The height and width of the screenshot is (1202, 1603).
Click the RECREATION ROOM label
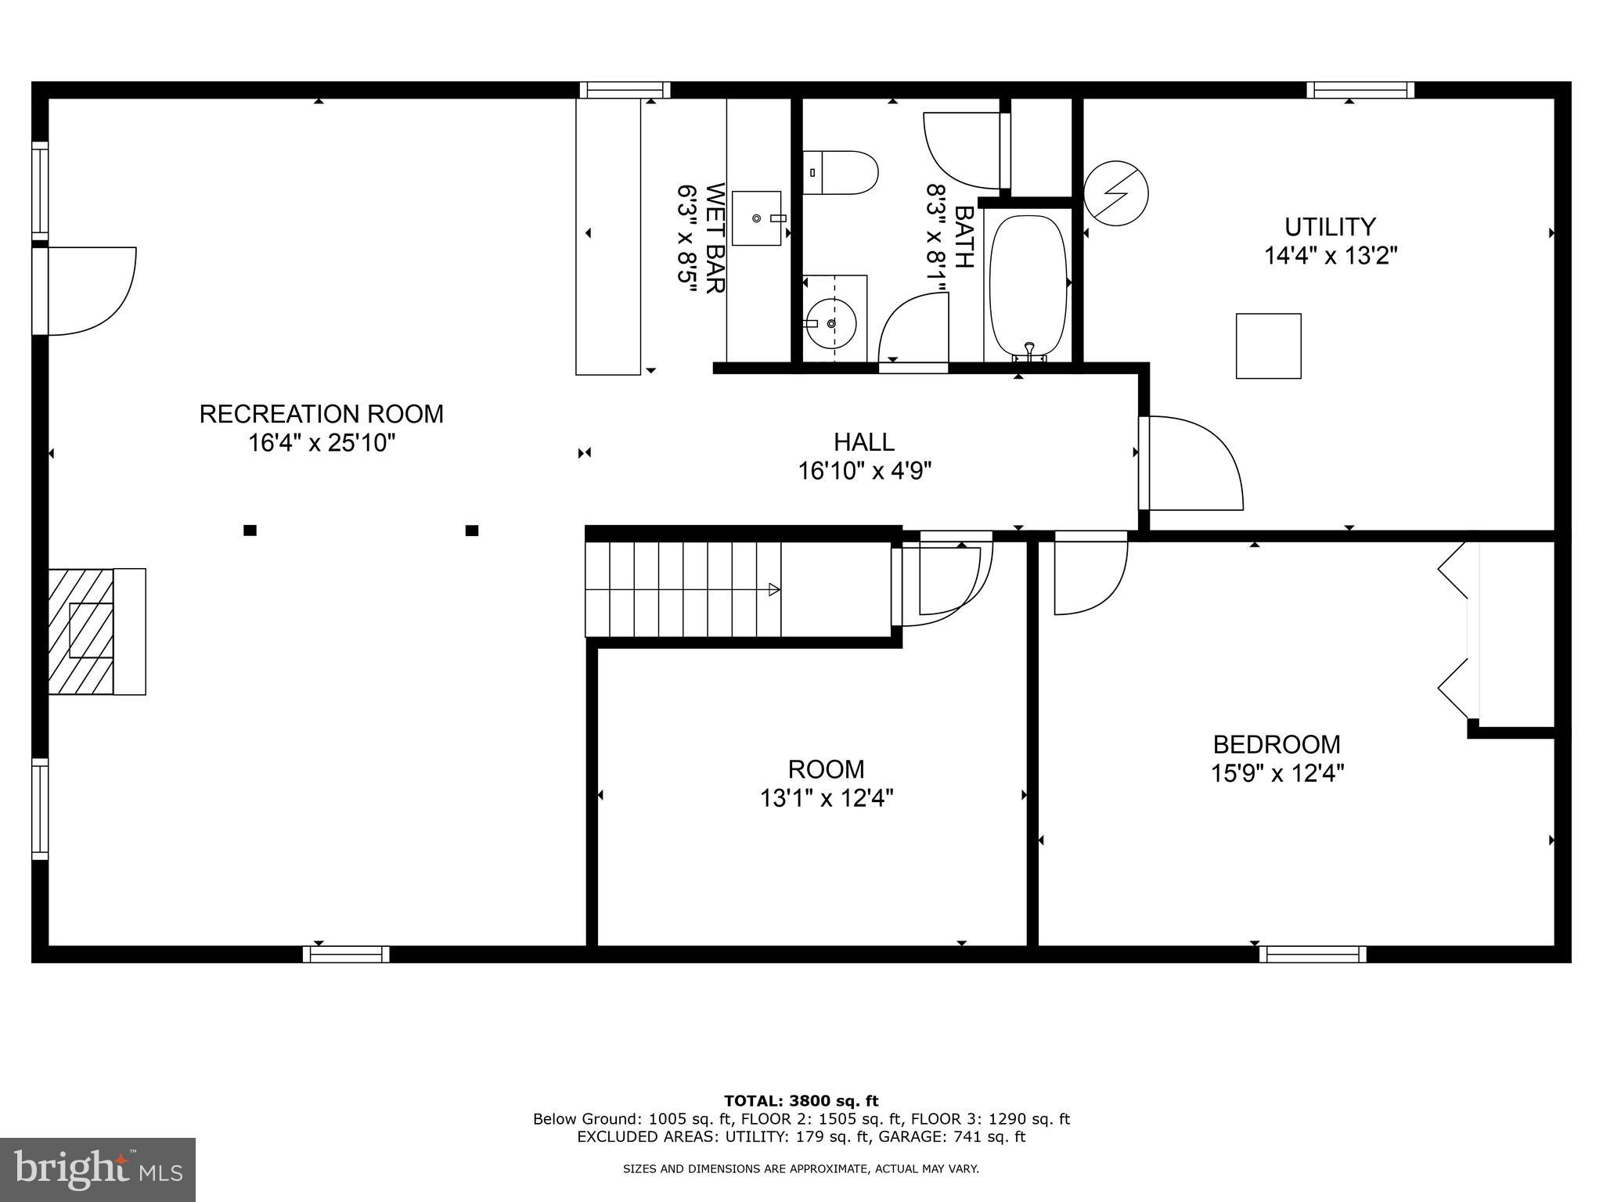[x=321, y=413]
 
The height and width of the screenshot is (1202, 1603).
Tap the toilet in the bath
[x=841, y=173]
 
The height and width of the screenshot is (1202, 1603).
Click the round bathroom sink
[x=831, y=322]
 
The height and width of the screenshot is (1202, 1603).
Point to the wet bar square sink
[x=756, y=218]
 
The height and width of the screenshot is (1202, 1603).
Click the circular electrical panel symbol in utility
[x=1115, y=193]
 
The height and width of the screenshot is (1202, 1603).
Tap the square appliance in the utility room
[x=1268, y=346]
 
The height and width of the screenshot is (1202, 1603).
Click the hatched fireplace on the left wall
[x=81, y=631]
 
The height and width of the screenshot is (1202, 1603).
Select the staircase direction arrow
[x=774, y=589]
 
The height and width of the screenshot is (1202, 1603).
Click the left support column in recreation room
[x=250, y=531]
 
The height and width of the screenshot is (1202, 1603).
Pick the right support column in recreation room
[x=472, y=531]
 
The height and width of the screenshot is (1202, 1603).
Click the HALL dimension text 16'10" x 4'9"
[x=864, y=471]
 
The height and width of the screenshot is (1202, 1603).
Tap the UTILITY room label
[x=1329, y=227]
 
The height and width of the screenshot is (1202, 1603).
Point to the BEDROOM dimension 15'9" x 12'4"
[x=1277, y=773]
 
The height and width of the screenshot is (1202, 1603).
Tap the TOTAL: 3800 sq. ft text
[x=801, y=1101]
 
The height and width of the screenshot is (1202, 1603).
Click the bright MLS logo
[x=98, y=1169]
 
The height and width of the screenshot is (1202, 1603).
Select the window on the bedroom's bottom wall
[x=1313, y=954]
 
